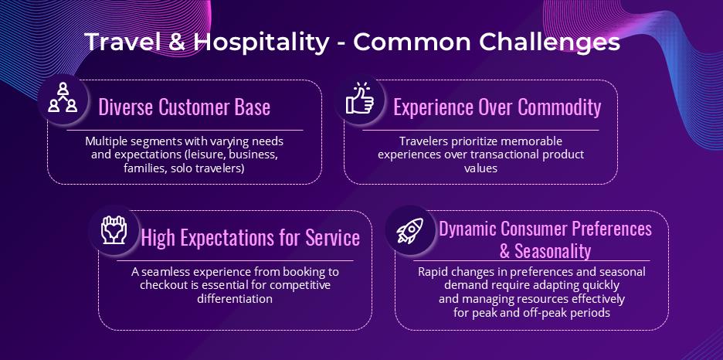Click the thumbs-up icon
(360, 98)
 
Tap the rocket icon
(410, 230)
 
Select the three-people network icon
(63, 97)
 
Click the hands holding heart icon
(114, 229)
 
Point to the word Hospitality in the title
(261, 42)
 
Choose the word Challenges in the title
(550, 42)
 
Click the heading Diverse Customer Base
(185, 107)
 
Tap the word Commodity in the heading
(559, 107)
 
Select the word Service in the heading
(332, 238)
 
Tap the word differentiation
(235, 298)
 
